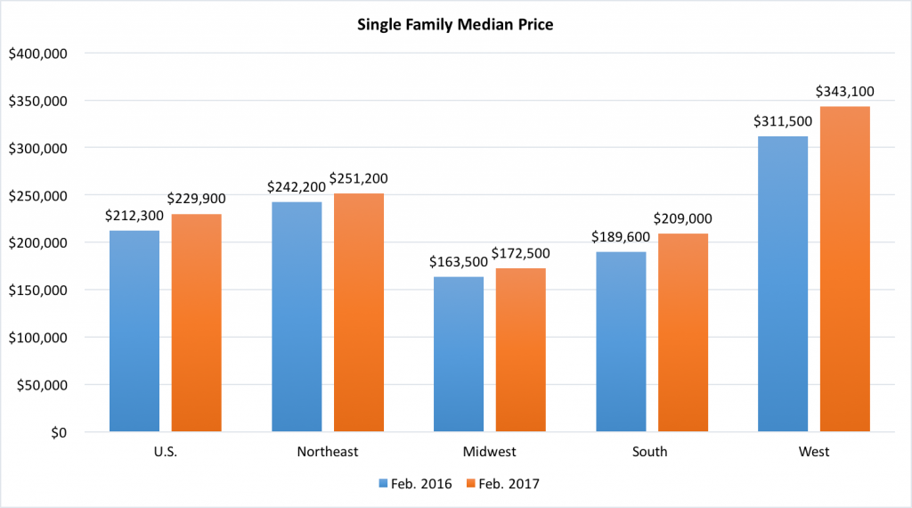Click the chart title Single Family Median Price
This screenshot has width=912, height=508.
(455, 25)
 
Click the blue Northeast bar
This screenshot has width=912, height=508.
(297, 317)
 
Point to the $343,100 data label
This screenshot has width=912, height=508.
(844, 92)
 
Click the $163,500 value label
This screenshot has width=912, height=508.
(459, 262)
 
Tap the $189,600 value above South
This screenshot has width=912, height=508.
(621, 238)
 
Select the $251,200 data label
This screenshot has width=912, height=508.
(358, 179)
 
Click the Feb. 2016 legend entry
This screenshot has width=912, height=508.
(415, 484)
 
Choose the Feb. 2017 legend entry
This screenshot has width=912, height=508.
(503, 484)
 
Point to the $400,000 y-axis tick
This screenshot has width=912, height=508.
(37, 53)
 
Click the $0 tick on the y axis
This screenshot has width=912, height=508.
(59, 433)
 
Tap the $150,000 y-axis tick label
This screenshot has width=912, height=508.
(37, 291)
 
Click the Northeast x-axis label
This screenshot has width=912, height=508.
(328, 452)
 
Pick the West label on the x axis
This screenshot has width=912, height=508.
(814, 452)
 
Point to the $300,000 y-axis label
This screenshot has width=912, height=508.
(37, 148)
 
